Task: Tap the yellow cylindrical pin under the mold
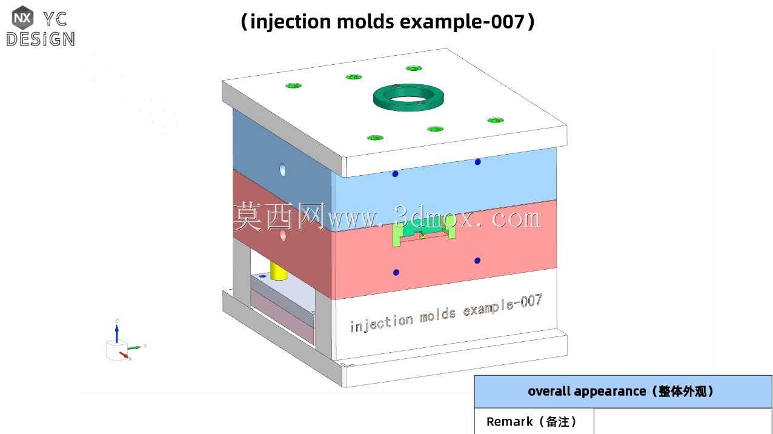point(279,271)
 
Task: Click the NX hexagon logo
point(22,17)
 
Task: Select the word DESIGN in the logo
point(41,39)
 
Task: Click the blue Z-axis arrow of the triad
point(117,333)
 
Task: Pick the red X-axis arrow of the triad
point(124,355)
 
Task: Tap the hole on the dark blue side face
point(283,170)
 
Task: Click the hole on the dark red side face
point(284,235)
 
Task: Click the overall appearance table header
point(623,392)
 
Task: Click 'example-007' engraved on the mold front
point(502,305)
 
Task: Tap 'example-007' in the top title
point(462,22)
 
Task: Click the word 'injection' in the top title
point(291,22)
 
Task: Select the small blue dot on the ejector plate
point(262,276)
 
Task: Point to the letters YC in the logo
point(55,19)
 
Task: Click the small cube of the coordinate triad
point(117,350)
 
